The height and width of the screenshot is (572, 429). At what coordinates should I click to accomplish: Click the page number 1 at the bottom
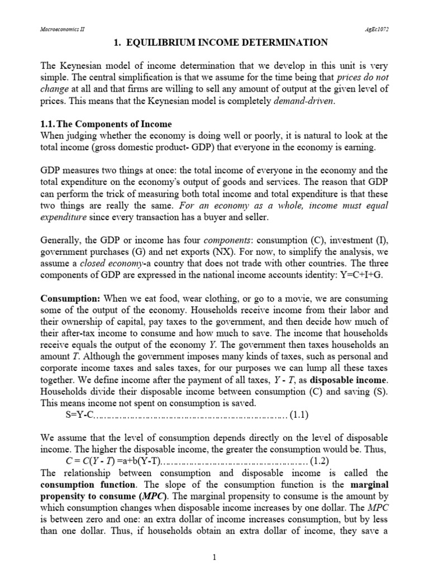tap(214, 556)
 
